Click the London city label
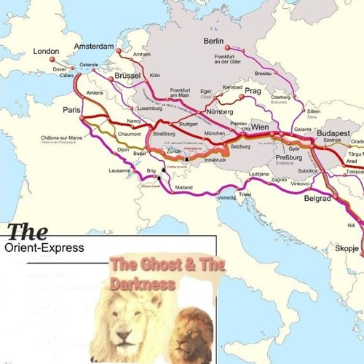(45, 51)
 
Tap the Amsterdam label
(95, 47)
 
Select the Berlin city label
(213, 41)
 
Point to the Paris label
(71, 110)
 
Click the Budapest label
(334, 135)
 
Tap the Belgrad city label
(317, 198)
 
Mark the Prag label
(253, 91)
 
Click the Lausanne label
(119, 170)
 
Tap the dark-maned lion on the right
(194, 332)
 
